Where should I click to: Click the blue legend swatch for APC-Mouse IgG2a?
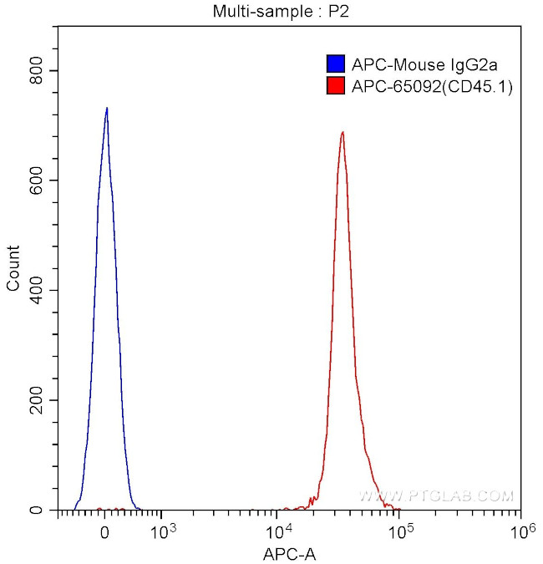tap(335, 64)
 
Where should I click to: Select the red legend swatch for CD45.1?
tap(335, 85)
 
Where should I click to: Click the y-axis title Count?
tap(13, 267)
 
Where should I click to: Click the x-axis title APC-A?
tap(289, 553)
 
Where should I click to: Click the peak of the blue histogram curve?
tap(107, 108)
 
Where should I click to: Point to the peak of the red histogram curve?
tap(343, 132)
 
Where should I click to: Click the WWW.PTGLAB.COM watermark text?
tap(436, 496)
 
